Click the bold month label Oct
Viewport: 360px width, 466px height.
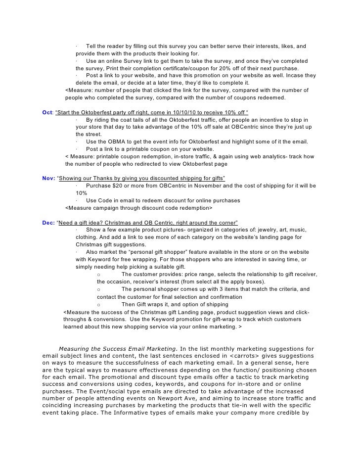[48, 112]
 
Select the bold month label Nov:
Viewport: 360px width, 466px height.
[49, 178]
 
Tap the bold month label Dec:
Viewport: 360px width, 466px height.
[49, 223]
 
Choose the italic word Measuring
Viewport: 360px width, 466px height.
[76, 349]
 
